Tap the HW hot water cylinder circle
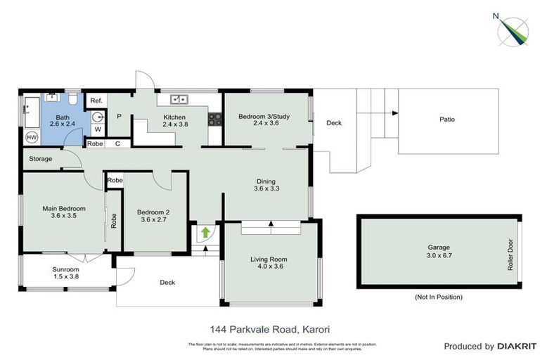click(32, 137)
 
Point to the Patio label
click(447, 120)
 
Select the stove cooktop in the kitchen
click(212, 120)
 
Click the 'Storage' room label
click(40, 159)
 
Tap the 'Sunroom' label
click(65, 269)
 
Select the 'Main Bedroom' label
click(63, 209)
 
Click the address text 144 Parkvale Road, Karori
click(269, 328)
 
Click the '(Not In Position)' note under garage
click(438, 297)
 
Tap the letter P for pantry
click(119, 117)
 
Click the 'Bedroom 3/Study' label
click(264, 116)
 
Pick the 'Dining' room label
click(265, 181)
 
